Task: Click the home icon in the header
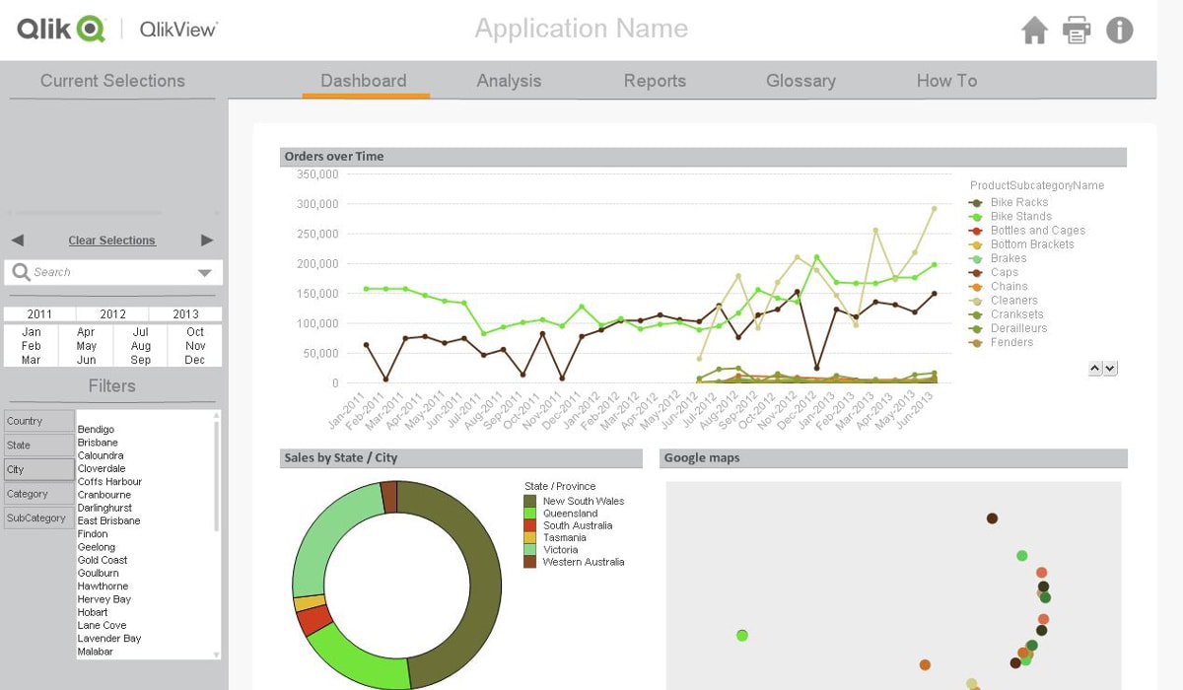(x=1034, y=31)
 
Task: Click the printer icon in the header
(x=1077, y=31)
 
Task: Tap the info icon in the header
(x=1119, y=31)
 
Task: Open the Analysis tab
(x=509, y=81)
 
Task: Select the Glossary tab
(x=800, y=81)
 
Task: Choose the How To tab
(x=946, y=81)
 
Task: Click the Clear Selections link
(x=111, y=241)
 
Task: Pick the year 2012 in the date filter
(x=112, y=314)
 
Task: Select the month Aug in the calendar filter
(x=141, y=346)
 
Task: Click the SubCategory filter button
(x=37, y=517)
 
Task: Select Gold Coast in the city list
(x=103, y=560)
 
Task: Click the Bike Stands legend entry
(x=1020, y=216)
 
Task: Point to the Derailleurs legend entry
(x=1018, y=328)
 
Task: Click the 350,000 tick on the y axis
(x=316, y=174)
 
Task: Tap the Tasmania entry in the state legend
(x=564, y=537)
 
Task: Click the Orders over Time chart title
(x=334, y=157)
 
